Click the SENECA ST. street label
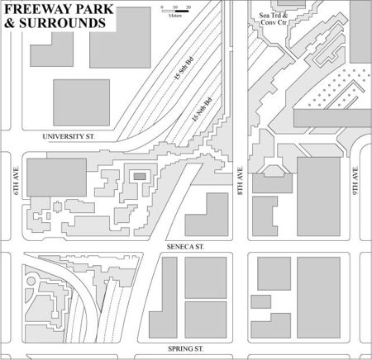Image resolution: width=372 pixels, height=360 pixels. click(x=184, y=246)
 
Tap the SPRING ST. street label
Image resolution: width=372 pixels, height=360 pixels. click(x=186, y=349)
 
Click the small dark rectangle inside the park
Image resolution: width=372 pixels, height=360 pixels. click(x=141, y=175)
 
